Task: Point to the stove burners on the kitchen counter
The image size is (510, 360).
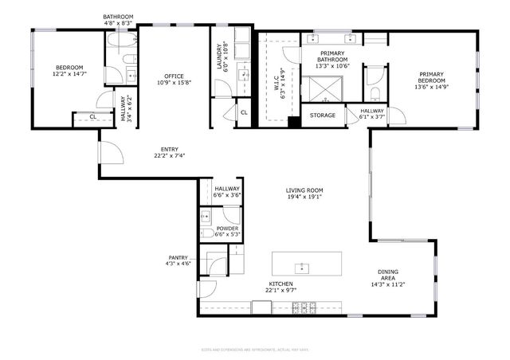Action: point(308,307)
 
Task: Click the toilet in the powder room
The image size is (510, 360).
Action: point(206,233)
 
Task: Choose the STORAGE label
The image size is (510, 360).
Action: point(323,116)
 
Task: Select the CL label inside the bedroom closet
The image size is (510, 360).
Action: point(92,117)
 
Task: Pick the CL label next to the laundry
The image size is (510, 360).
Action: point(244,112)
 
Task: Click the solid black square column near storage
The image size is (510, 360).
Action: point(294,123)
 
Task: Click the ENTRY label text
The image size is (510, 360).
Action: point(169,149)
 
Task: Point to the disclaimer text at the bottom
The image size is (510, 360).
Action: point(254,349)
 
